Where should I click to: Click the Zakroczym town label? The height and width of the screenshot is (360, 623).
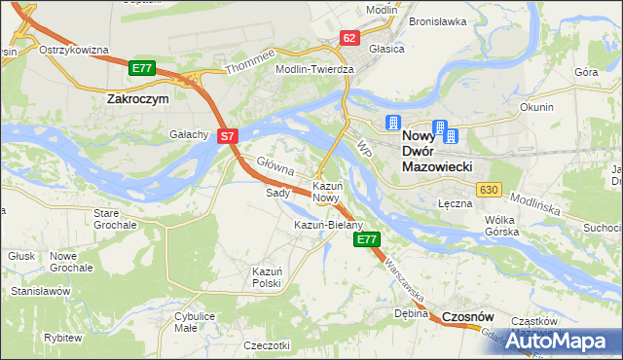pyautogui.click(x=137, y=98)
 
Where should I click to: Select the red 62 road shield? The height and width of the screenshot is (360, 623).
pyautogui.click(x=350, y=38)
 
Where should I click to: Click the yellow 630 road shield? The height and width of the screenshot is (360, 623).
pyautogui.click(x=489, y=189)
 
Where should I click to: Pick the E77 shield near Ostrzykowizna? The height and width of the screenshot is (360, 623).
pyautogui.click(x=142, y=67)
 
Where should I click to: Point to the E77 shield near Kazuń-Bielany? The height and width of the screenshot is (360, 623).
pyautogui.click(x=367, y=238)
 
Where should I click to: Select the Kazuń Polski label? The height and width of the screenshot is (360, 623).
pyautogui.click(x=267, y=277)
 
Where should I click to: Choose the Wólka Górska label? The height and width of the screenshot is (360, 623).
pyautogui.click(x=505, y=226)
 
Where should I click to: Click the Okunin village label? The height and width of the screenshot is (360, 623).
pyautogui.click(x=536, y=107)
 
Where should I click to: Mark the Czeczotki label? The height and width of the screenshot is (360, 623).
pyautogui.click(x=268, y=345)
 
